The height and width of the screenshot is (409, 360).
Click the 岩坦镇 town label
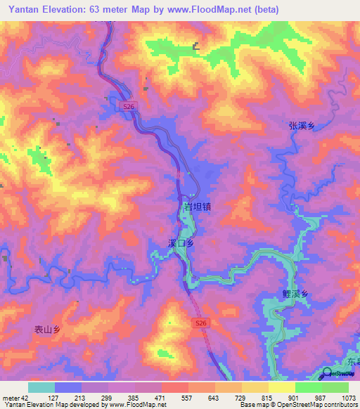197,207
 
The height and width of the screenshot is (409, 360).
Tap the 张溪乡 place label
302,126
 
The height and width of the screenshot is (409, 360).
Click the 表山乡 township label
47,328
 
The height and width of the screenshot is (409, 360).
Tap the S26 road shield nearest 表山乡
201,323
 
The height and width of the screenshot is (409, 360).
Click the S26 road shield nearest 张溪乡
127,105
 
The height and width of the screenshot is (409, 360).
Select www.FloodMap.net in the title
210,10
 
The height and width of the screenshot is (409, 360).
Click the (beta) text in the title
266,10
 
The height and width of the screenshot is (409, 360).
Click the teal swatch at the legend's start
41,387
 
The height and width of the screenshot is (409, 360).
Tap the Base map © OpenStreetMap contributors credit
298,405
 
